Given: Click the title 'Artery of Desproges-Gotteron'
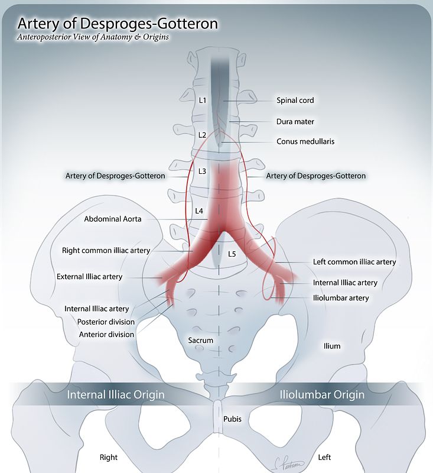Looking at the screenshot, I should (118, 24).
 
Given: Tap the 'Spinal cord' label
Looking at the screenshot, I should (295, 101).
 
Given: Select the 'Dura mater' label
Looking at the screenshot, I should (295, 121).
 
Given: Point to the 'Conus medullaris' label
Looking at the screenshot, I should (305, 141).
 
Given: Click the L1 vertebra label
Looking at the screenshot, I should (203, 101).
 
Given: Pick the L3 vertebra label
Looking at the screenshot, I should (202, 171).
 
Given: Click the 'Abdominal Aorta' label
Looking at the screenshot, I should (113, 219).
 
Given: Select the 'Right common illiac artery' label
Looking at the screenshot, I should (106, 251).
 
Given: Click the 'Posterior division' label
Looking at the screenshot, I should (106, 322).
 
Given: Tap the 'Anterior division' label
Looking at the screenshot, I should (106, 335).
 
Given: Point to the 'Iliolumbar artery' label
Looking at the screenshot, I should (341, 298).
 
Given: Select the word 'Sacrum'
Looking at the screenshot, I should (200, 341).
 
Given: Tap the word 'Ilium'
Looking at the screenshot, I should (332, 346).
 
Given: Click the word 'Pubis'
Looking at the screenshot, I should (232, 419).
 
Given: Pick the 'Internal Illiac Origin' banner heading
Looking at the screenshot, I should (115, 394).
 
